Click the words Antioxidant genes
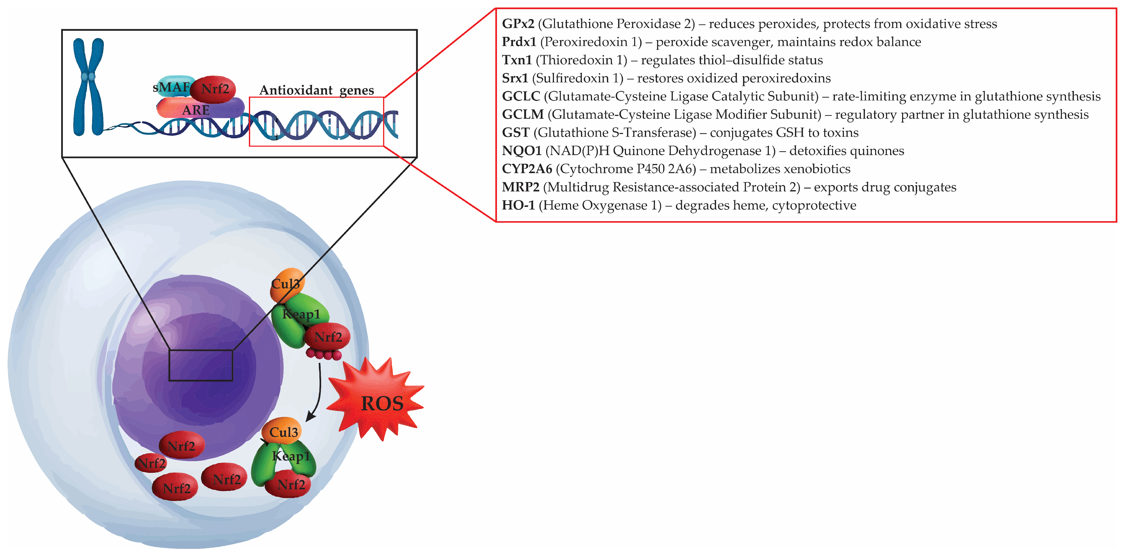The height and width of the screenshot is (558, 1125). coord(317,90)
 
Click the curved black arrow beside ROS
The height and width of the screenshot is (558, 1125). coord(318,393)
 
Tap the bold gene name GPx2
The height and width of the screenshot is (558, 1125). coord(518,24)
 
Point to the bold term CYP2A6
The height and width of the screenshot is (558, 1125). coord(527,169)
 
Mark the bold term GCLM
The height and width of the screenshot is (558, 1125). coord(523,114)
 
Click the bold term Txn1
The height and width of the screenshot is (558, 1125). coord(517,60)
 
